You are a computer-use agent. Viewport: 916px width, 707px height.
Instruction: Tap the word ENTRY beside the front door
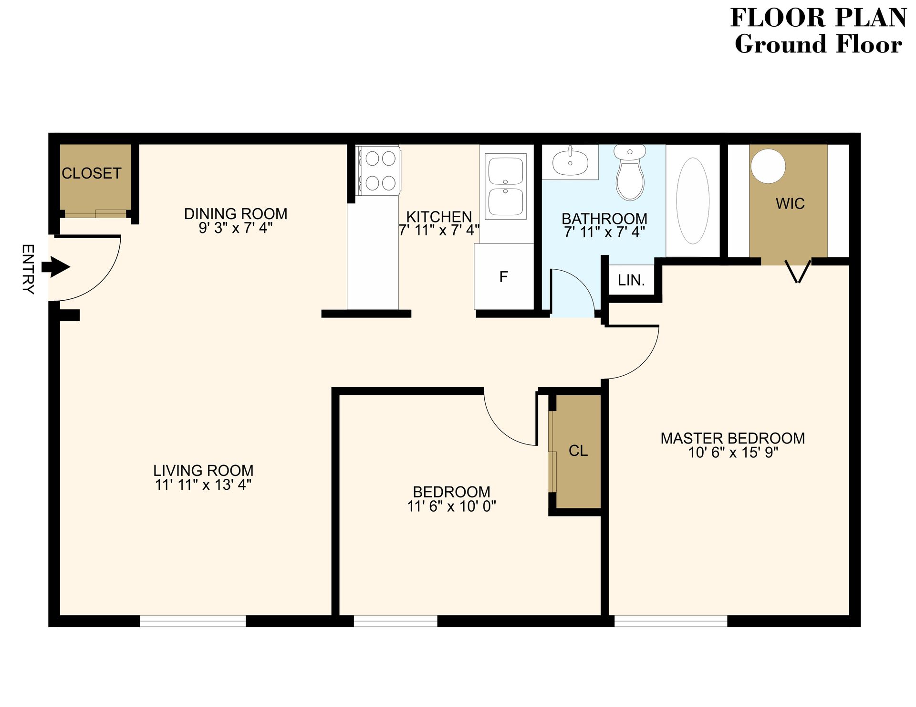[28, 269]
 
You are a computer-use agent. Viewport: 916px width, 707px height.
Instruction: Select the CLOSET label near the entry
[92, 173]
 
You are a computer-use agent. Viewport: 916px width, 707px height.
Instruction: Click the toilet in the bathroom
[630, 173]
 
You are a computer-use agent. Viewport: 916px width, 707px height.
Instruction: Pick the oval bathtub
[693, 201]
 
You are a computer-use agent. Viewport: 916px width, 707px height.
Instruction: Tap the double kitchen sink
[506, 186]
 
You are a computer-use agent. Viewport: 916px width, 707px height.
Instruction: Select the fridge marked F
[504, 277]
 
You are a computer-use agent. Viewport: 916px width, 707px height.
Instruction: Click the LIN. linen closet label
[631, 280]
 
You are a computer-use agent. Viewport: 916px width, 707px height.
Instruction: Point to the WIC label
[790, 204]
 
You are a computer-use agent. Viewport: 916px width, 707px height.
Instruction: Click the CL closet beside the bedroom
[578, 451]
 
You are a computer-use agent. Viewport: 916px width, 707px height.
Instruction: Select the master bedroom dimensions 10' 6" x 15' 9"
[733, 453]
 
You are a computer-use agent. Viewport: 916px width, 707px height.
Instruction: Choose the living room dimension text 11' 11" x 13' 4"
[203, 485]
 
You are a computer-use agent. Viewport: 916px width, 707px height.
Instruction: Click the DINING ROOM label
[236, 213]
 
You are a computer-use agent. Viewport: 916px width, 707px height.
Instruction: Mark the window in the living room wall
[193, 621]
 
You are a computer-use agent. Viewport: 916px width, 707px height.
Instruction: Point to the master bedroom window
[670, 621]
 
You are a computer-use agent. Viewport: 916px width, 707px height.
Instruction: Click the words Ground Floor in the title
[818, 44]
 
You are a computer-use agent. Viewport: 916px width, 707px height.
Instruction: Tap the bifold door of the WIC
[798, 272]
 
